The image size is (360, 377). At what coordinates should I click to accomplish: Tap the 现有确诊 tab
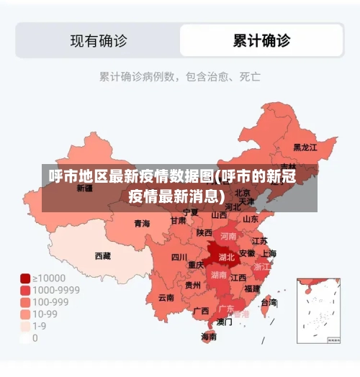[x=99, y=40]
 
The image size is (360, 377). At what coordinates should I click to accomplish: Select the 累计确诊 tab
[x=261, y=40]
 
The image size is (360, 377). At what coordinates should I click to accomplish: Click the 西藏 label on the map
[x=103, y=255]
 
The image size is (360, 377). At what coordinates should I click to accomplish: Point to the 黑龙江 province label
[x=305, y=147]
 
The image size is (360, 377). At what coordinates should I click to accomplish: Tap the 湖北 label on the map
[x=227, y=257]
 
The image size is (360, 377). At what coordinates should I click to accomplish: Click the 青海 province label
[x=142, y=224]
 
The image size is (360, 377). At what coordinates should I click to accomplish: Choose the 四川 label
[x=179, y=257]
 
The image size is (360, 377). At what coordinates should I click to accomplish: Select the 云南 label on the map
[x=166, y=297]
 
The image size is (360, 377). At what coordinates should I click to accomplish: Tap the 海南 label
[x=209, y=336]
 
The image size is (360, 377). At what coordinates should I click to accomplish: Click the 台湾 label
[x=268, y=303]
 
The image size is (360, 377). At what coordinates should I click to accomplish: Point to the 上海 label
[x=268, y=253]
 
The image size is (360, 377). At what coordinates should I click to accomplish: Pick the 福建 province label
[x=252, y=288]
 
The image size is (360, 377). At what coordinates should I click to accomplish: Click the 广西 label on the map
[x=202, y=311]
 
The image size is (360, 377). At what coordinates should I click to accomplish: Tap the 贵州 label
[x=193, y=285]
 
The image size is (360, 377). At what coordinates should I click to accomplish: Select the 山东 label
[x=250, y=219]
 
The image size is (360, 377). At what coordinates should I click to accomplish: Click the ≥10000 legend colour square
[x=25, y=278]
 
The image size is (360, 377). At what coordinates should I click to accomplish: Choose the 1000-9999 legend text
[x=55, y=290]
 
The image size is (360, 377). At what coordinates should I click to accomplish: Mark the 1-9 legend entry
[x=39, y=325]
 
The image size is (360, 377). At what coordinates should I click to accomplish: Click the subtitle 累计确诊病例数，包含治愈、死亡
[x=179, y=75]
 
